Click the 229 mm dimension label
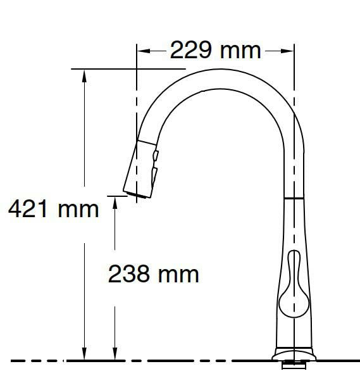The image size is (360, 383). [215, 50]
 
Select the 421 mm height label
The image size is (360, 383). [53, 208]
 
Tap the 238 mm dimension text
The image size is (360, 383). [154, 273]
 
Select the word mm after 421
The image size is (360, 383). [78, 208]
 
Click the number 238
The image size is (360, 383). [129, 273]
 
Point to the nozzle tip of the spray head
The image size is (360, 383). [134, 192]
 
